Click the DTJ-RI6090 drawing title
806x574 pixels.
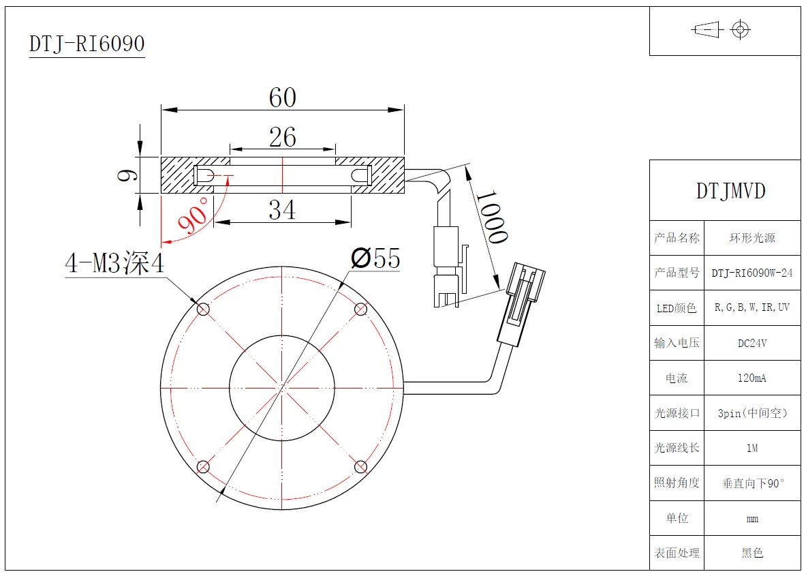coord(87,44)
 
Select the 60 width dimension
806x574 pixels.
coord(282,97)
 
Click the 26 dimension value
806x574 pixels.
coord(282,137)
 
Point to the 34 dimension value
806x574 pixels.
coord(282,210)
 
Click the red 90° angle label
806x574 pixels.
coord(192,217)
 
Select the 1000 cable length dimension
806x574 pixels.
coord(491,216)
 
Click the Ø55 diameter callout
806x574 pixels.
coord(375,259)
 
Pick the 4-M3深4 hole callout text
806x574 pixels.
coord(114,263)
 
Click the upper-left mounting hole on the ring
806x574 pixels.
coord(203,309)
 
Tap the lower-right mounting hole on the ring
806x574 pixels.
coord(361,467)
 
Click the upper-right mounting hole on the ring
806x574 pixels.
coord(361,309)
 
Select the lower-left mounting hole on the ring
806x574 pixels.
coord(203,467)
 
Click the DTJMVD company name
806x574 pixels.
coord(730,191)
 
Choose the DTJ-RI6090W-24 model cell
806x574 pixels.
coord(752,273)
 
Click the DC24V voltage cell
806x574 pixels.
coord(752,343)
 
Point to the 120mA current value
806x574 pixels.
coord(752,378)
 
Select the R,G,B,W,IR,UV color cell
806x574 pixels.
coord(752,307)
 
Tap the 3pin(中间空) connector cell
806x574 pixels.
coord(752,413)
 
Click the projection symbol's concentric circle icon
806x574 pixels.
coord(740,29)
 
